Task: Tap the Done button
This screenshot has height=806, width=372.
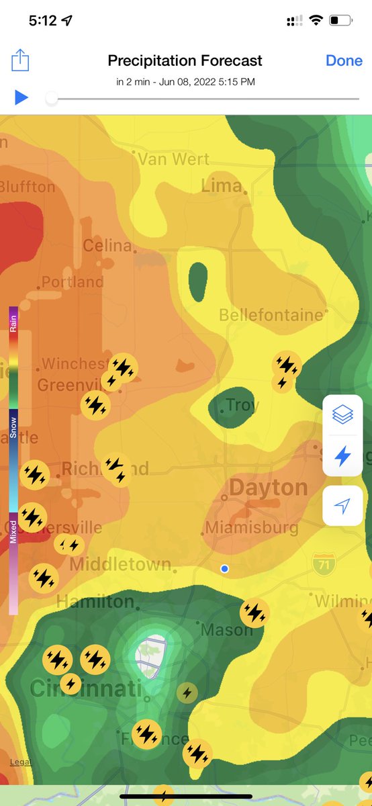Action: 344,60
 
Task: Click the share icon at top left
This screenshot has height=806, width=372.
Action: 21,61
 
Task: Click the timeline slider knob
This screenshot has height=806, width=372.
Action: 51,98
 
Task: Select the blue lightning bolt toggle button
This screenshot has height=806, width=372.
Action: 342,456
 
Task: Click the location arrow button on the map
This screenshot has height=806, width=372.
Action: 342,505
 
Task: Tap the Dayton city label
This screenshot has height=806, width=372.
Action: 269,488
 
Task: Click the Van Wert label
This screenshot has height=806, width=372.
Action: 173,159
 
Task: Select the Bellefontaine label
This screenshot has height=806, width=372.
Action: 271,314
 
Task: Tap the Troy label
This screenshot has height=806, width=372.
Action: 242,405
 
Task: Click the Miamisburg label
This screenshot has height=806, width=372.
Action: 251,527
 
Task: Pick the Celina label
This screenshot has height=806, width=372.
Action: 107,246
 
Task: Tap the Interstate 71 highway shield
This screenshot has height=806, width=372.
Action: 324,563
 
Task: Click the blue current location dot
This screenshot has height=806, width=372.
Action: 225,569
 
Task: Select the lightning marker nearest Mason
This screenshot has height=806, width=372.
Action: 254,613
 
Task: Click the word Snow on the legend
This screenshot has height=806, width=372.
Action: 13,427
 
